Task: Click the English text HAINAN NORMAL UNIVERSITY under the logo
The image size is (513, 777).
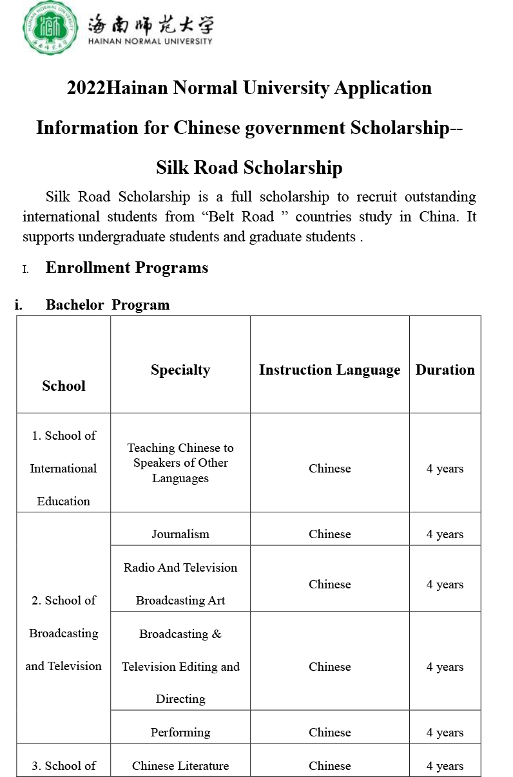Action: click(x=150, y=41)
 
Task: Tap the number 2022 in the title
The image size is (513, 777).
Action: click(x=86, y=88)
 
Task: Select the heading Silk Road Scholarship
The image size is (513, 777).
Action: click(x=249, y=167)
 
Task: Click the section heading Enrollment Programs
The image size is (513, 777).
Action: click(x=127, y=268)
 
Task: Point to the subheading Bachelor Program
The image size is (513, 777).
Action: click(x=108, y=305)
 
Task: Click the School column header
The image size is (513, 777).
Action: click(x=64, y=386)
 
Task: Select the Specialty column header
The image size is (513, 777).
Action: click(x=180, y=370)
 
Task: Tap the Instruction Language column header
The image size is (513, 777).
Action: click(x=329, y=370)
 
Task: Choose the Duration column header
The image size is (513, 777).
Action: click(x=445, y=370)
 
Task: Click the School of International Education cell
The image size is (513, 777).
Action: click(x=64, y=468)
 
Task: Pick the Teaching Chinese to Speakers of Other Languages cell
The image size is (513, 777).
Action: click(x=180, y=463)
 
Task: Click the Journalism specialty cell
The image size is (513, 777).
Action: click(x=180, y=534)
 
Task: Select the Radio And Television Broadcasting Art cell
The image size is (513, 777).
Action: click(x=180, y=583)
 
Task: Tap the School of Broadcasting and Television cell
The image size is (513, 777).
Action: click(x=64, y=633)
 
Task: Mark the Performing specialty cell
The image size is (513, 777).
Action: click(x=180, y=732)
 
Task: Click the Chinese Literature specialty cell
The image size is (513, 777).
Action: click(x=180, y=765)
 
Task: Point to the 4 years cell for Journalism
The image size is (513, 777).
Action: click(x=445, y=534)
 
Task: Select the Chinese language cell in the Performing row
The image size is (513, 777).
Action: click(x=329, y=732)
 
